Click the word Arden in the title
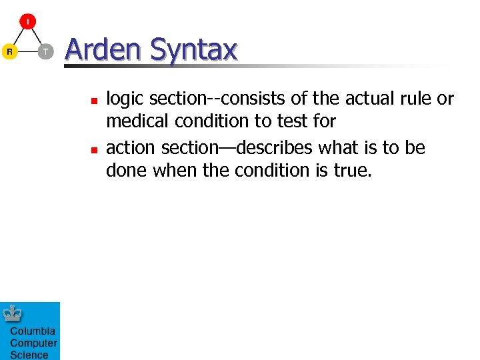point(103,50)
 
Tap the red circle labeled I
point(27,21)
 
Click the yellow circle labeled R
point(9,51)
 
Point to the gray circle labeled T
point(45,51)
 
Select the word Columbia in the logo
point(33,331)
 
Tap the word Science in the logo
point(29,355)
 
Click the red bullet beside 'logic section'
point(94,100)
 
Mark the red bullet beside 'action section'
point(94,148)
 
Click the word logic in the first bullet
point(125,99)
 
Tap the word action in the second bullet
point(131,147)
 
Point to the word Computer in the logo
point(33,343)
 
